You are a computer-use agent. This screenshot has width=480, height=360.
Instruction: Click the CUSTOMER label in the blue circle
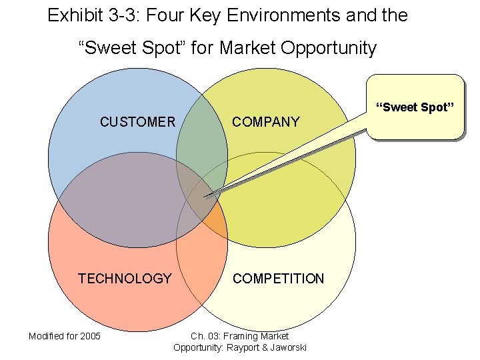pos(137,122)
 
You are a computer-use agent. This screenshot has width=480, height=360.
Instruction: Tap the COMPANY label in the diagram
pos(265,122)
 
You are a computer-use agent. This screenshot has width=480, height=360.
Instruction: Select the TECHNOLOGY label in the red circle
pos(125,279)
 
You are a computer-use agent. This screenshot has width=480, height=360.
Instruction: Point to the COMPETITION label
pos(278,279)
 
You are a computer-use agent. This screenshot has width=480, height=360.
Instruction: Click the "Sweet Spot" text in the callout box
pos(415,107)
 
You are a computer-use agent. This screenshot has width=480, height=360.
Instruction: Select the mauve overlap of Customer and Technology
pos(127,200)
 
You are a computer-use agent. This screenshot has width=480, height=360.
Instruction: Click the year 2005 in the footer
pos(89,335)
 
